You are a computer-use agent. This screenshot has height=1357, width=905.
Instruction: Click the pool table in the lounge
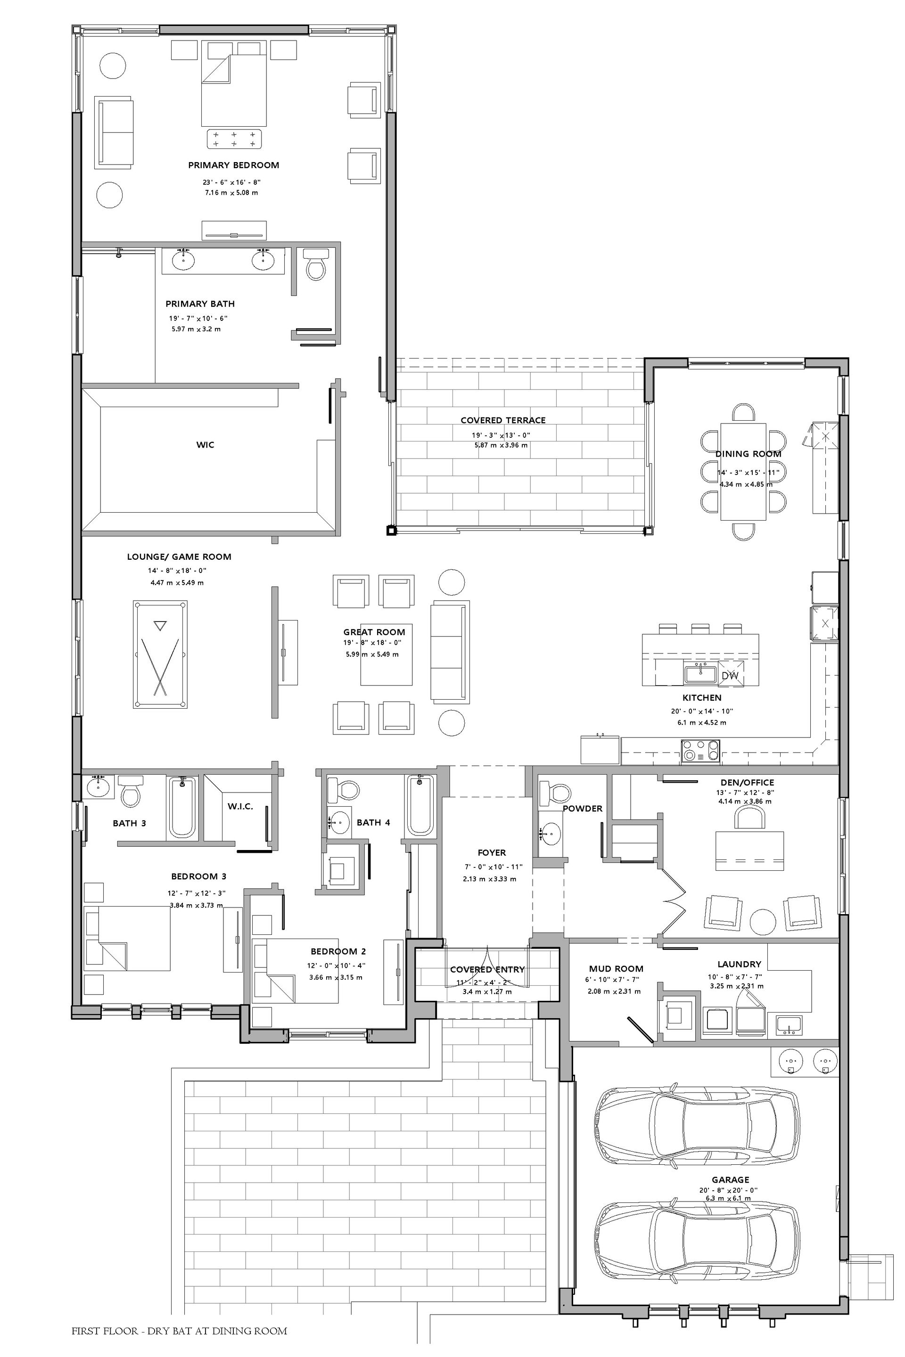pos(160,654)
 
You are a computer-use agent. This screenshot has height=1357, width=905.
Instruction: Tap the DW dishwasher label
pos(730,676)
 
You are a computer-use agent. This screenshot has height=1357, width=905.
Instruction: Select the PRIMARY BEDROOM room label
pos(234,165)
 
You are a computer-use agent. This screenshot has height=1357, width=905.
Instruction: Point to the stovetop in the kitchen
pos(701,751)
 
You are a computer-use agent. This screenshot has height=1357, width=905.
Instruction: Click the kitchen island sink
pos(700,674)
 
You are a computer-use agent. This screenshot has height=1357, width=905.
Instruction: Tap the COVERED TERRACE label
pos(503,420)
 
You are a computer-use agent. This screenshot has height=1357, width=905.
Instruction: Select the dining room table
pos(743,471)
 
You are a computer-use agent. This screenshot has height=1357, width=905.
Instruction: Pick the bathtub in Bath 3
pos(182,807)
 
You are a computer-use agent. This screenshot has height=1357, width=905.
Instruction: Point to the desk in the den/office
pos(749,850)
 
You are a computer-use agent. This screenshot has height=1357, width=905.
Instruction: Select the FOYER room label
pos(492,852)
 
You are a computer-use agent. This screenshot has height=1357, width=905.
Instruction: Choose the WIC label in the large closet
pos(205,444)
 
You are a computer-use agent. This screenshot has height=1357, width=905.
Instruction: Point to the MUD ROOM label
pos(616,969)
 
